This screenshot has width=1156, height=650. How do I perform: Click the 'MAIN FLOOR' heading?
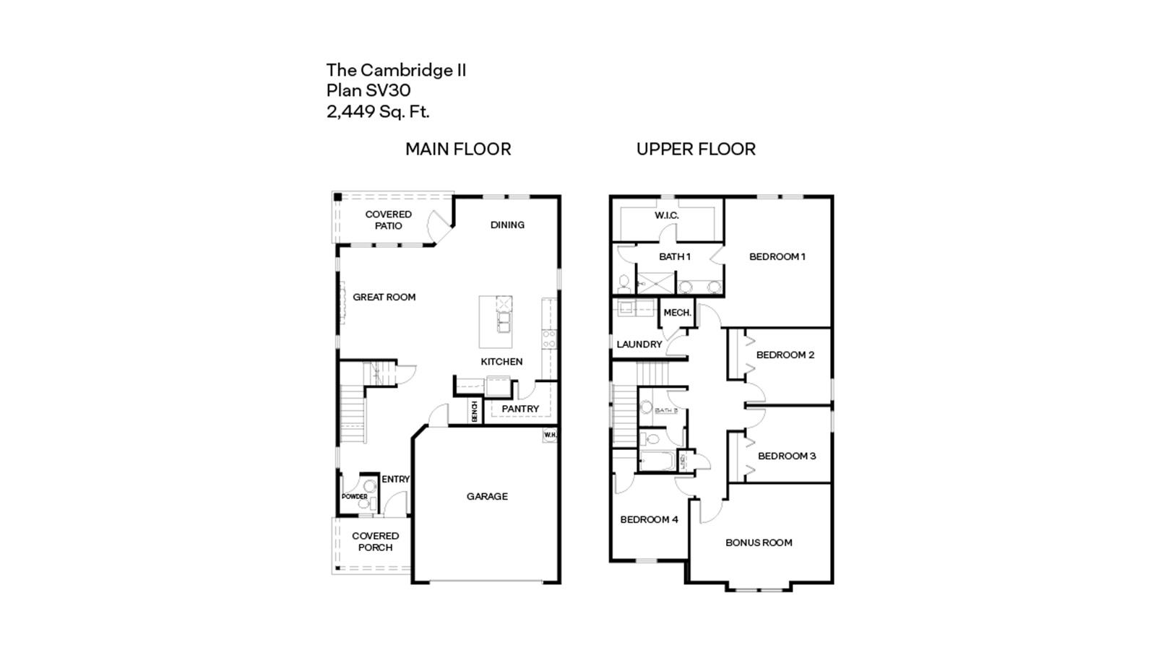(458, 149)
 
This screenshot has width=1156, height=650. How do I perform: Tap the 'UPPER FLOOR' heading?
(696, 149)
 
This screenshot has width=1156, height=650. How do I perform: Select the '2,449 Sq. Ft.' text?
(378, 111)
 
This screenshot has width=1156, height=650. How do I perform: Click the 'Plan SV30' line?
(368, 90)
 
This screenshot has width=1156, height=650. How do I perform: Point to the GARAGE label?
(487, 496)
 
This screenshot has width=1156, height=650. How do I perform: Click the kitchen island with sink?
(496, 321)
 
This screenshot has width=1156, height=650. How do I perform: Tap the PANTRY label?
(520, 409)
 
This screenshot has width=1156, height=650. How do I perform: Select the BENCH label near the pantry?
(475, 412)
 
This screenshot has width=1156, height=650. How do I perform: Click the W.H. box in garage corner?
(550, 435)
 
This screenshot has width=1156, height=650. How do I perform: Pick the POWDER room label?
(355, 497)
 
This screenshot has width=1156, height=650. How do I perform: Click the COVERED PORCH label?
(375, 542)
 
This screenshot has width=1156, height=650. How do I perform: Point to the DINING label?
(507, 225)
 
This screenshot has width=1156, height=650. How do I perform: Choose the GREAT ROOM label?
(384, 297)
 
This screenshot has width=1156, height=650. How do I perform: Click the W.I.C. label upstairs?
(667, 215)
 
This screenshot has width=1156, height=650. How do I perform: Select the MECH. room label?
(678, 313)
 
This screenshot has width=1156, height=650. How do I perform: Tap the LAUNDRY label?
(639, 344)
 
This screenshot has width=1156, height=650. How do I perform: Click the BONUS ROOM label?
(759, 542)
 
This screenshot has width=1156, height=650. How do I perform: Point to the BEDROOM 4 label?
(649, 519)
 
